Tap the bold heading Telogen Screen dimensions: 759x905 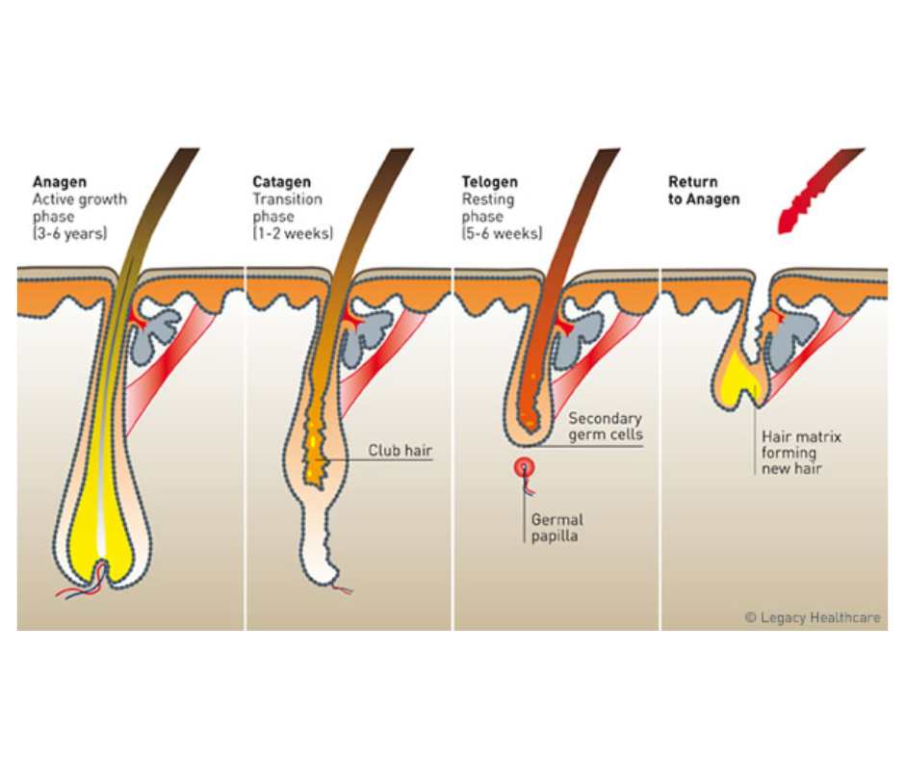pos(490,181)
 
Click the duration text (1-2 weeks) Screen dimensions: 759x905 pos(293,233)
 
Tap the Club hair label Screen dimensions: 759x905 pos(401,450)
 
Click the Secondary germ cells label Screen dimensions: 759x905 pos(605,427)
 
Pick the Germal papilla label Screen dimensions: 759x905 pos(557,528)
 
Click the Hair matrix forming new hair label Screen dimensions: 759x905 pos(800,453)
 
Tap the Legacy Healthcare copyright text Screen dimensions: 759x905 pos(813,617)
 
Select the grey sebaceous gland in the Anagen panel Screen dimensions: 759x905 pos(155,331)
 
